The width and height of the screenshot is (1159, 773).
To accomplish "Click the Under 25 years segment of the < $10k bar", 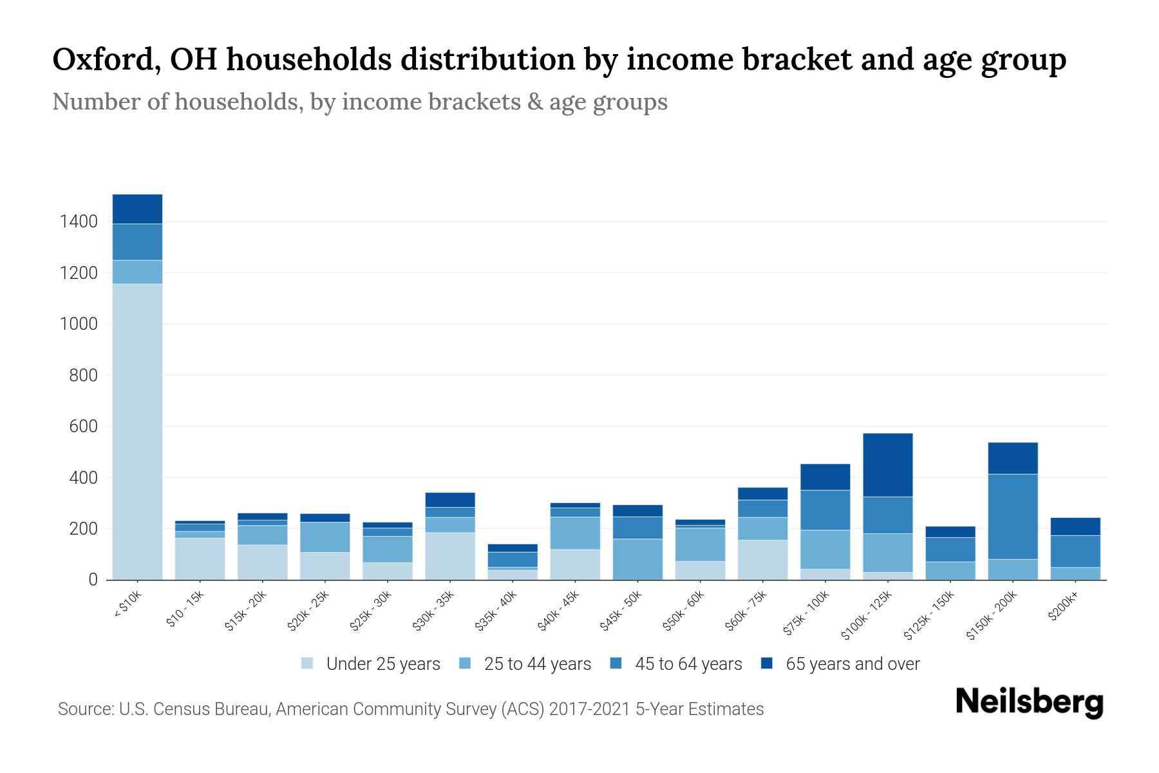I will tap(137, 432).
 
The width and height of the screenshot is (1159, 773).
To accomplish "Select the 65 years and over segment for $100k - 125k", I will tap(888, 464).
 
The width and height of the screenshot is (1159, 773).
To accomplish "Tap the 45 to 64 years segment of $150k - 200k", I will tap(1013, 516).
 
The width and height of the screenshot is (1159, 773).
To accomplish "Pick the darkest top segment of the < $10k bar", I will tap(137, 209).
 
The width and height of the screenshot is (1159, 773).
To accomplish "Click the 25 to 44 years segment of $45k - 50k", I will tap(637, 558).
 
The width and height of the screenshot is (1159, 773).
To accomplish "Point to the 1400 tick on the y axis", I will tap(79, 222).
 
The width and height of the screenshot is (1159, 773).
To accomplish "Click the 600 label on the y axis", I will tap(83, 426).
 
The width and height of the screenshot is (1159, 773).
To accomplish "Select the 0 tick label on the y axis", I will tap(93, 580).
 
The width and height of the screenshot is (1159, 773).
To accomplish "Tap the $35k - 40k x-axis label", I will tap(496, 611).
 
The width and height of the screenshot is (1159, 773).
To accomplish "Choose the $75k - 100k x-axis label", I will tap(807, 614).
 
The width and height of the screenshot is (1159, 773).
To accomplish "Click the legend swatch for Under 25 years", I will tap(308, 663).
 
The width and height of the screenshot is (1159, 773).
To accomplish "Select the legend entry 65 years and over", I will tap(852, 664).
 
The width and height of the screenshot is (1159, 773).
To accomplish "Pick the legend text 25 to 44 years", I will tap(537, 664).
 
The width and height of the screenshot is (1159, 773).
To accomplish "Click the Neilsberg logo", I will tap(1029, 702).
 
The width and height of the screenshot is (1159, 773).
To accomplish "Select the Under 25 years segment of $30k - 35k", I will tap(450, 555).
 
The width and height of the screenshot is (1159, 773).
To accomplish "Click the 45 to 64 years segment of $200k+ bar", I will tap(1075, 551).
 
